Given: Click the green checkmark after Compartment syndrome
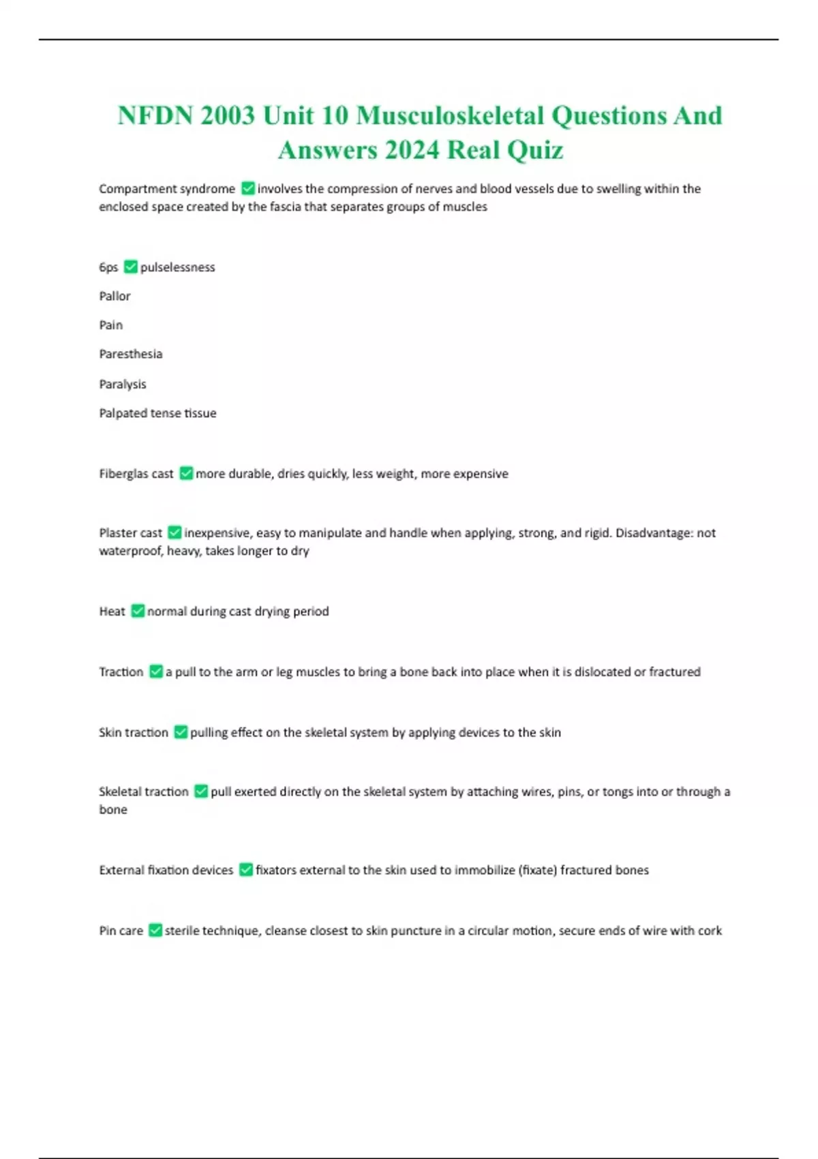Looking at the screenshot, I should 248,188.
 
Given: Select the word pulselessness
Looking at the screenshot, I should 177,267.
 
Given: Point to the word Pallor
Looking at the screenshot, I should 115,296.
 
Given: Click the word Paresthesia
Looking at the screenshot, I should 131,354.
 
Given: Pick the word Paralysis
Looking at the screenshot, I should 123,384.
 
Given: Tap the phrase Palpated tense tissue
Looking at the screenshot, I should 157,413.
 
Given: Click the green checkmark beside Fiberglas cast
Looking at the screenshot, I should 186,473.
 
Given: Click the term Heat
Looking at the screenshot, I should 112,612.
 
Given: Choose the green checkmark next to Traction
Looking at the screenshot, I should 156,672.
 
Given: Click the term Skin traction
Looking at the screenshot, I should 134,732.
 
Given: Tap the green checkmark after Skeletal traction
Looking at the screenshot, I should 201,792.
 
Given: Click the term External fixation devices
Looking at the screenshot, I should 166,870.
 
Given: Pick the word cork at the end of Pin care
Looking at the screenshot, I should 710,931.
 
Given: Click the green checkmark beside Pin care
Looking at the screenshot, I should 155,931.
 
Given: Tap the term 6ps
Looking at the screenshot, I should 108,267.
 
